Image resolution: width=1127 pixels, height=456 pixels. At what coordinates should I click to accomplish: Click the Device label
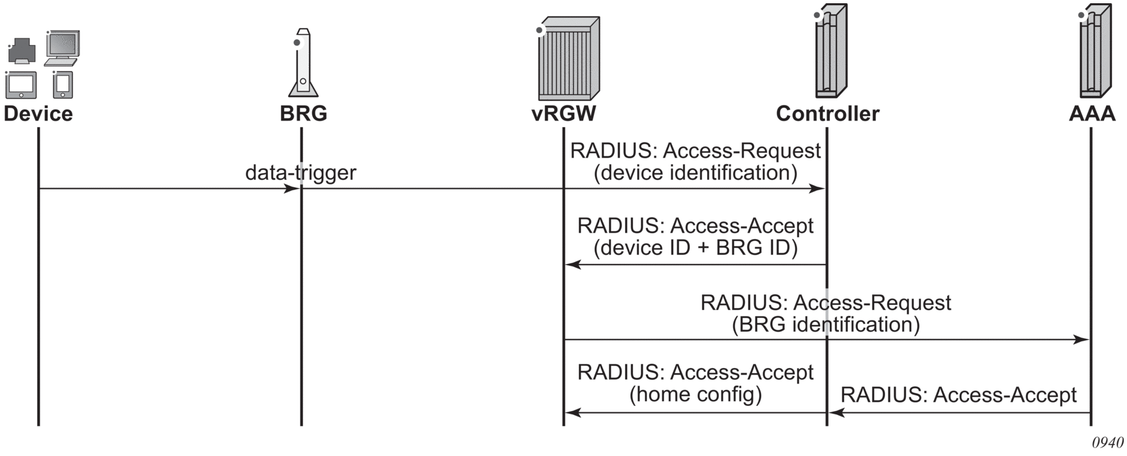pyautogui.click(x=38, y=113)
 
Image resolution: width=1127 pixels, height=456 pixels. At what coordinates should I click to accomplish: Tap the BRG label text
pyautogui.click(x=303, y=113)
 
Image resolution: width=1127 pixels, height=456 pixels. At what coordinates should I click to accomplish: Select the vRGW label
pyautogui.click(x=564, y=113)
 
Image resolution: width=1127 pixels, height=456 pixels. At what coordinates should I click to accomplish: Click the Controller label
pyautogui.click(x=827, y=113)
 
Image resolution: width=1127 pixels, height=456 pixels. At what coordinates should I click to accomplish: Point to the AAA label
pyautogui.click(x=1092, y=113)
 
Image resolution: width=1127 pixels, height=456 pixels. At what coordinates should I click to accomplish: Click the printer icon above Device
pyautogui.click(x=22, y=51)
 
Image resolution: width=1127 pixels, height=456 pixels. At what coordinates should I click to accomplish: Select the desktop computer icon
pyautogui.click(x=63, y=48)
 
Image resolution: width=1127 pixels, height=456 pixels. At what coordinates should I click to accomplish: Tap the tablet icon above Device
pyautogui.click(x=21, y=85)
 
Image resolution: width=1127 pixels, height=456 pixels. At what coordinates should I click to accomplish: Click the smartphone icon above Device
pyautogui.click(x=63, y=84)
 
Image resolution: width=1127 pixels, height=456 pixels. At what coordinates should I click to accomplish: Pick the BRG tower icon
pyautogui.click(x=303, y=64)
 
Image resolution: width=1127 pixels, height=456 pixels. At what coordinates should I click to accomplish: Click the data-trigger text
pyautogui.click(x=300, y=173)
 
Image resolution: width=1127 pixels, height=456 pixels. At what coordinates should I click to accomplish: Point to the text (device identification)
pyautogui.click(x=695, y=173)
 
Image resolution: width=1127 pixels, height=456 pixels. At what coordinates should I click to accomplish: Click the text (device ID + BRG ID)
pyautogui.click(x=695, y=248)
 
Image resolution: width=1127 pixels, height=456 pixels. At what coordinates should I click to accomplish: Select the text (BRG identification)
pyautogui.click(x=826, y=324)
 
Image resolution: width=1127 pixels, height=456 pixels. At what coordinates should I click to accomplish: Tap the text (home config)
pyautogui.click(x=695, y=393)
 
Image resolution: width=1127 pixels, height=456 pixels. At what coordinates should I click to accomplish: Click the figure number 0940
pyautogui.click(x=1107, y=442)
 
